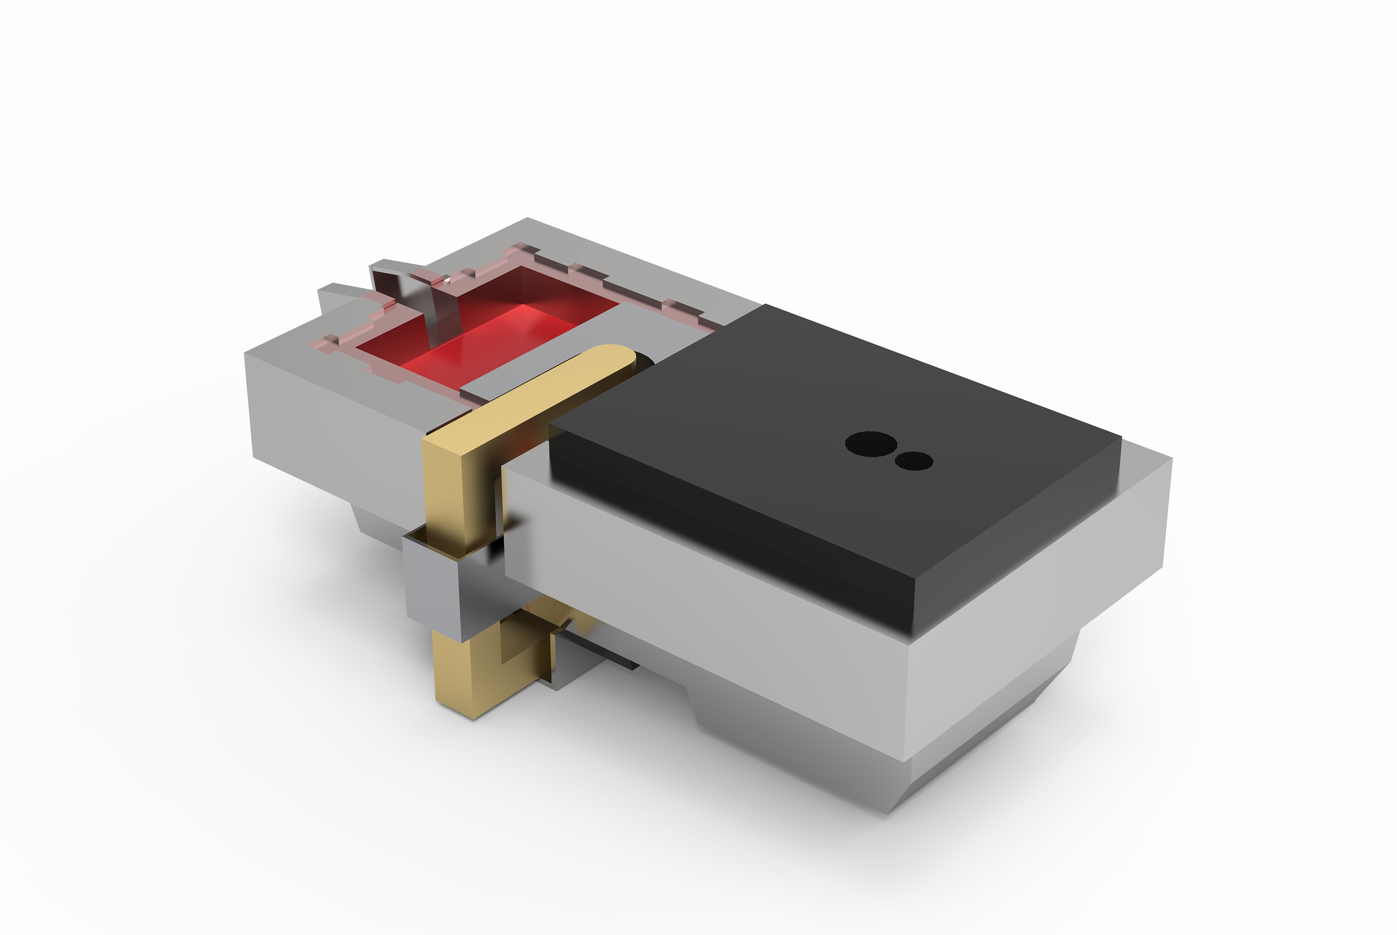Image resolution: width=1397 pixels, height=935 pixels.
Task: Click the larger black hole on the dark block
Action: tap(871, 444)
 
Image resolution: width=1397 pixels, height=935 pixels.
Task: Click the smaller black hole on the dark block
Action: tap(914, 461)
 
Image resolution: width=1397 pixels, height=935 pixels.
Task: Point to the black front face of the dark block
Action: tap(716, 525)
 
